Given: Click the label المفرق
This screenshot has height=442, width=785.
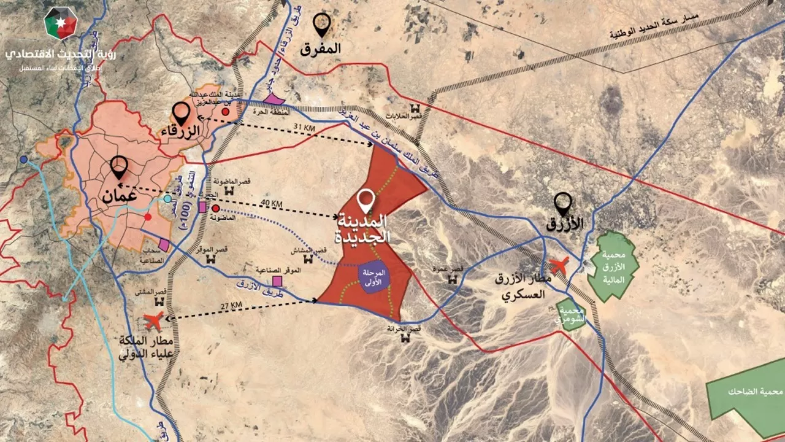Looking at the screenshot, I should [x=320, y=48].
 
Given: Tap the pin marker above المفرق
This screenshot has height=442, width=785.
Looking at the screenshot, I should [x=321, y=24].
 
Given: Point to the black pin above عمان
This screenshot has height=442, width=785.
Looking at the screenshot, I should [x=118, y=166].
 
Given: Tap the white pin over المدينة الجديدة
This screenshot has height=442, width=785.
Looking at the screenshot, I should [x=367, y=200].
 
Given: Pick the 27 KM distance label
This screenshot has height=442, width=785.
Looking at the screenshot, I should [x=231, y=305].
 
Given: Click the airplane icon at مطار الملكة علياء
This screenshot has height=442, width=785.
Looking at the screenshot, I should [x=153, y=320].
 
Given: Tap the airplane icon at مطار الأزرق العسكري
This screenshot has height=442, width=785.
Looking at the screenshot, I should [x=559, y=266].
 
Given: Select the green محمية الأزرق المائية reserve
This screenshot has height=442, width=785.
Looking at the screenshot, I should [x=613, y=266].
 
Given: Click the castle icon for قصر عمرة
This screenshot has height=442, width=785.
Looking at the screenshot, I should [x=453, y=279].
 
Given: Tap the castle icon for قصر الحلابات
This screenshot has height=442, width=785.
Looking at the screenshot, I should [x=407, y=107].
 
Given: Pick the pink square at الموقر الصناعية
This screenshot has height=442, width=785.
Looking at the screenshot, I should [x=277, y=281].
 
